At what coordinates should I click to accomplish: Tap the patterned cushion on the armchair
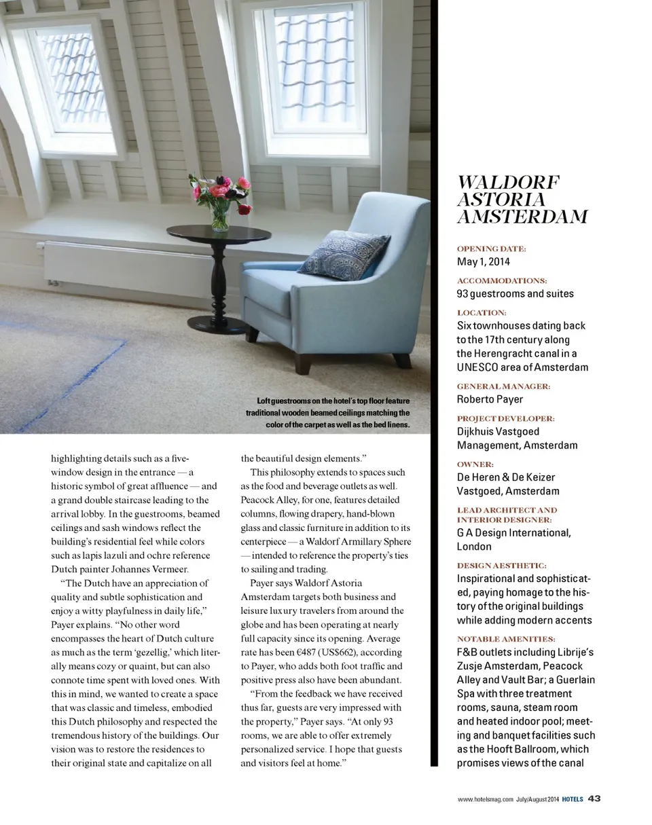(x=344, y=255)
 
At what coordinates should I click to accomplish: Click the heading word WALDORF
(x=509, y=183)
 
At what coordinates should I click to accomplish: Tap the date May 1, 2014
(x=483, y=261)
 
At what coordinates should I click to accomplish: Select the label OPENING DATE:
(x=491, y=249)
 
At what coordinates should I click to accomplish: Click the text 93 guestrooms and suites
(x=515, y=294)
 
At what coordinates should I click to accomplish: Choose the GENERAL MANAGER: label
(x=503, y=386)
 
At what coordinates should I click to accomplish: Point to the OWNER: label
(x=475, y=464)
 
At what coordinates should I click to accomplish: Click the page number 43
(x=594, y=799)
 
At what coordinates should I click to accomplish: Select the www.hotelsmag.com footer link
(x=485, y=799)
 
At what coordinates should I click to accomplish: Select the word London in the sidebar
(x=474, y=547)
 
